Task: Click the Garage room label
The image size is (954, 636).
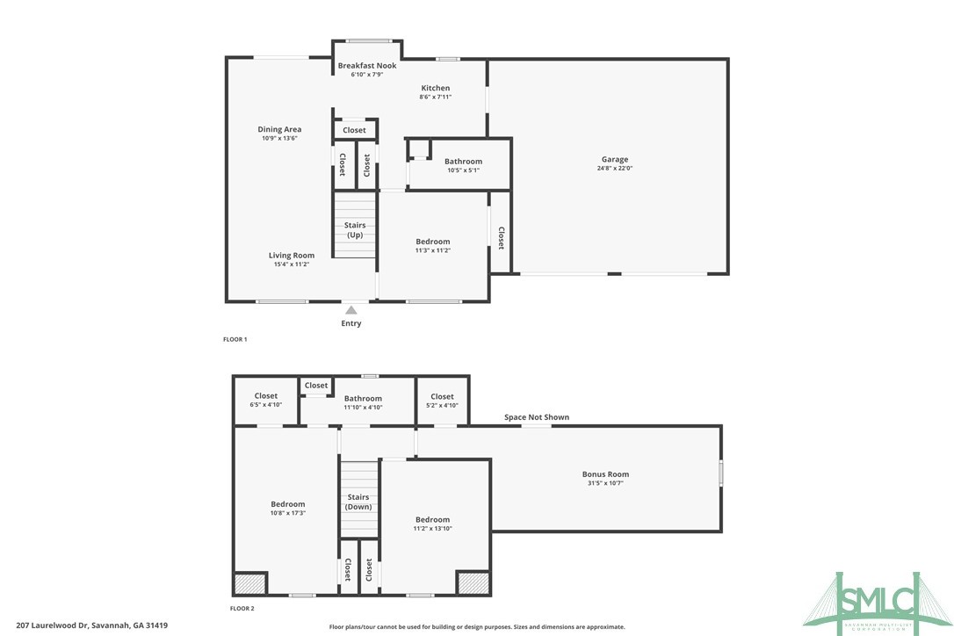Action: [614, 160]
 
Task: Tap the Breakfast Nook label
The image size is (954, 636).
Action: [367, 66]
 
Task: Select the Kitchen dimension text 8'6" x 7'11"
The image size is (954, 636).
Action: [435, 97]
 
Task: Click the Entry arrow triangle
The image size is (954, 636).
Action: [351, 310]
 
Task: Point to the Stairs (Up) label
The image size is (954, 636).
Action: [355, 230]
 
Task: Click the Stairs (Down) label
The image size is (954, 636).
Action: [358, 502]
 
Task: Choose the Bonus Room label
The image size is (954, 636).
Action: [605, 474]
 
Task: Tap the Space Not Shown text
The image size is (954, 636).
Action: [536, 417]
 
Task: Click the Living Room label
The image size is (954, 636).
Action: [292, 256]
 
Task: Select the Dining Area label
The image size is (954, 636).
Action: [279, 129]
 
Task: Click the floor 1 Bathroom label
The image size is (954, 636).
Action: [463, 162]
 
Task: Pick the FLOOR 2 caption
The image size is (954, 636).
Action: [242, 608]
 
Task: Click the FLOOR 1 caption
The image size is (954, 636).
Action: [235, 338]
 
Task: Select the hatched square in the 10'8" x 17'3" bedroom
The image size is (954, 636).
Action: [249, 584]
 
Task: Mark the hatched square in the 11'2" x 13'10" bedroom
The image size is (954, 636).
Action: [473, 584]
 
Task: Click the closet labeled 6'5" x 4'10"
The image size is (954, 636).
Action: [266, 400]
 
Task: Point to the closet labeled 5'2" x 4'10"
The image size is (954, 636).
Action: [442, 400]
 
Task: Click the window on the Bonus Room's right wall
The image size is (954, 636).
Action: [720, 474]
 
